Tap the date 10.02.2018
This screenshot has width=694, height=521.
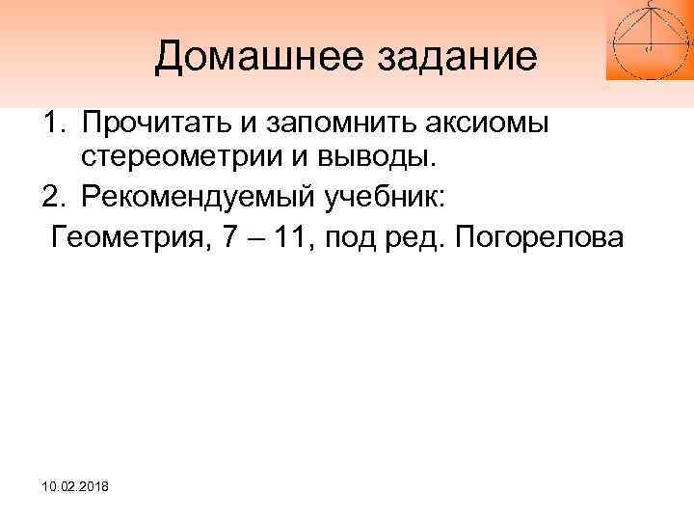pos(75,491)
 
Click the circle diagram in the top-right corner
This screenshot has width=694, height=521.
pos(649,39)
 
